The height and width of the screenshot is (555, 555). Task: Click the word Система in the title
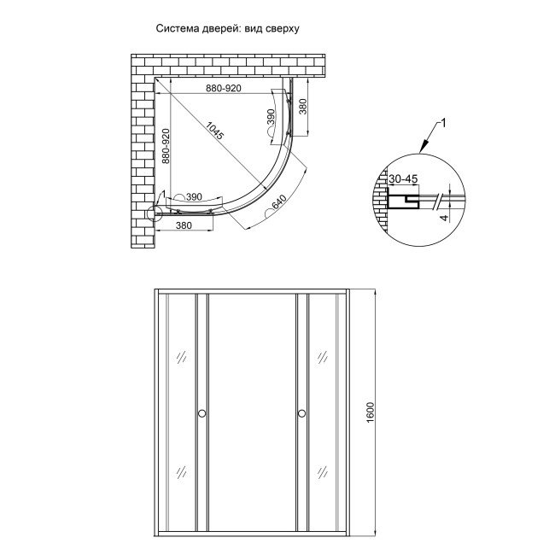pyautogui.click(x=178, y=27)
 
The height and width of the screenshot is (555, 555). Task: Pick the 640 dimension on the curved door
pyautogui.click(x=277, y=205)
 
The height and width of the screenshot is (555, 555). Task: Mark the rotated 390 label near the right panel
pyautogui.click(x=271, y=118)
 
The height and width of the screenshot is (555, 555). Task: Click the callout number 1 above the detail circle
pyautogui.click(x=441, y=125)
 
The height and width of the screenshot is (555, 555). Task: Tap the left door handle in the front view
pyautogui.click(x=202, y=414)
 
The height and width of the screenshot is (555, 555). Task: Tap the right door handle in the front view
pyautogui.click(x=301, y=414)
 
